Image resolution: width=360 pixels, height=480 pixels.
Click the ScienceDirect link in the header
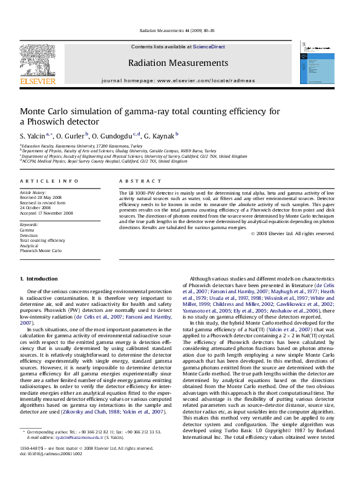(209, 47)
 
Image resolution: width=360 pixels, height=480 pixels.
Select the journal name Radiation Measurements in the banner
(178, 63)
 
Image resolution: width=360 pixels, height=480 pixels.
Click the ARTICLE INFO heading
(49, 181)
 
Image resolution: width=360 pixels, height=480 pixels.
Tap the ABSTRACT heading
(136, 181)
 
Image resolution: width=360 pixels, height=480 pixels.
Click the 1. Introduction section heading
(39, 279)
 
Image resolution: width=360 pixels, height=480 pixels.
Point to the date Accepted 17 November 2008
(47, 213)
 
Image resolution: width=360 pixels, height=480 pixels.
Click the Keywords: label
(29, 225)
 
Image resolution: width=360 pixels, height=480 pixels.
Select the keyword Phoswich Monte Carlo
(41, 250)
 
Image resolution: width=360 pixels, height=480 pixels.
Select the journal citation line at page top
(178, 30)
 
